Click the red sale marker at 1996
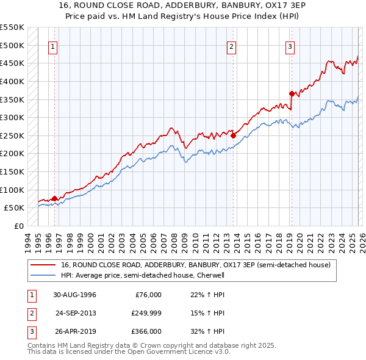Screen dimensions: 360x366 [55, 198]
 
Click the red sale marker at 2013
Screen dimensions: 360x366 [234, 135]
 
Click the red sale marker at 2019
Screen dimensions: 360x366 [292, 93]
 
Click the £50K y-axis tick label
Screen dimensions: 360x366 [14, 208]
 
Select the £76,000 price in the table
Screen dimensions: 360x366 [148, 295]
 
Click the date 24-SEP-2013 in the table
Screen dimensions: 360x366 [76, 313]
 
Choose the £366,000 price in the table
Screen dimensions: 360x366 [146, 331]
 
